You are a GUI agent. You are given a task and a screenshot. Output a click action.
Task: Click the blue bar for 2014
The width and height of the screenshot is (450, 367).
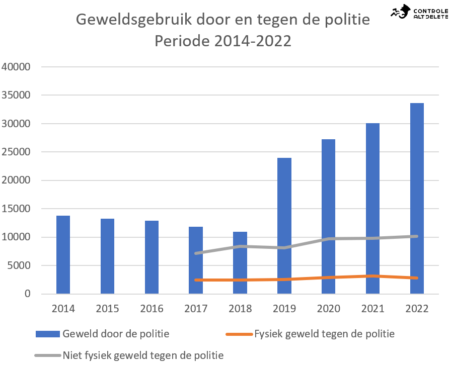tap(63, 254)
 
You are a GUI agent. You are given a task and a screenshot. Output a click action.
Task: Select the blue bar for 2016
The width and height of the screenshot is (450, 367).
tap(152, 257)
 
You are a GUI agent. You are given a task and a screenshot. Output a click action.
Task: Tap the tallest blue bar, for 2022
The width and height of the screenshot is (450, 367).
tap(417, 199)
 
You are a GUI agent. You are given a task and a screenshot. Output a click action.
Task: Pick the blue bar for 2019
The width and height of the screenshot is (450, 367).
tap(284, 226)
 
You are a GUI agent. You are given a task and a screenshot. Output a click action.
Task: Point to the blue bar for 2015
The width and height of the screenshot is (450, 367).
tap(107, 256)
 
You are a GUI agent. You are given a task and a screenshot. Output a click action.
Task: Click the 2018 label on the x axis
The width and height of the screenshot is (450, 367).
tap(240, 309)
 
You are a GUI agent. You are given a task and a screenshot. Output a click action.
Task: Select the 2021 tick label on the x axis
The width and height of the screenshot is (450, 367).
tap(372, 309)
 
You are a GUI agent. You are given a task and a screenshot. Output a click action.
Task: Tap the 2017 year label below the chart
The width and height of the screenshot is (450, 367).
tap(196, 309)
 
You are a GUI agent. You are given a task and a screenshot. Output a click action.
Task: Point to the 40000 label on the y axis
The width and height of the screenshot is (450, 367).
tap(16, 67)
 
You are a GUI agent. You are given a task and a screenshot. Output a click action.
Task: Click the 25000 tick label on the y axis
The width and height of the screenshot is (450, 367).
tap(16, 152)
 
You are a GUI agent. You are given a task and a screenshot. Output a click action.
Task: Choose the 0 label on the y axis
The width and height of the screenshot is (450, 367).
tap(27, 294)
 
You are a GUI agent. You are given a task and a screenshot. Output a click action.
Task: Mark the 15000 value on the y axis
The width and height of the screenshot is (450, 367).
tap(16, 209)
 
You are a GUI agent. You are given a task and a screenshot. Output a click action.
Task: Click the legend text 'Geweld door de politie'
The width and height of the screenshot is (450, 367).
tap(116, 334)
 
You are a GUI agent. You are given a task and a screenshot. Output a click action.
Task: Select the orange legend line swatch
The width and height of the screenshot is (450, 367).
tap(239, 334)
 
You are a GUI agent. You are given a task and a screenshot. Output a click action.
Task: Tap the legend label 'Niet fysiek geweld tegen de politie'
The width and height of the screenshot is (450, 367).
tap(143, 355)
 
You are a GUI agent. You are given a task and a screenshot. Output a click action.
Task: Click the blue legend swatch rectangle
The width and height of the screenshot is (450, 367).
tap(48, 334)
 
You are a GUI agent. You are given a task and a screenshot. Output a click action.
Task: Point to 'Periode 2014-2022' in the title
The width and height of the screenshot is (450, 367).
tap(223, 41)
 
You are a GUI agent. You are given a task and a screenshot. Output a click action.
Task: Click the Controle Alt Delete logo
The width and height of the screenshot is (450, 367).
tap(419, 12)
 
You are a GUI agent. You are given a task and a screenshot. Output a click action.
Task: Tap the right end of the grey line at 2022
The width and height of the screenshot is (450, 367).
tap(417, 236)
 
